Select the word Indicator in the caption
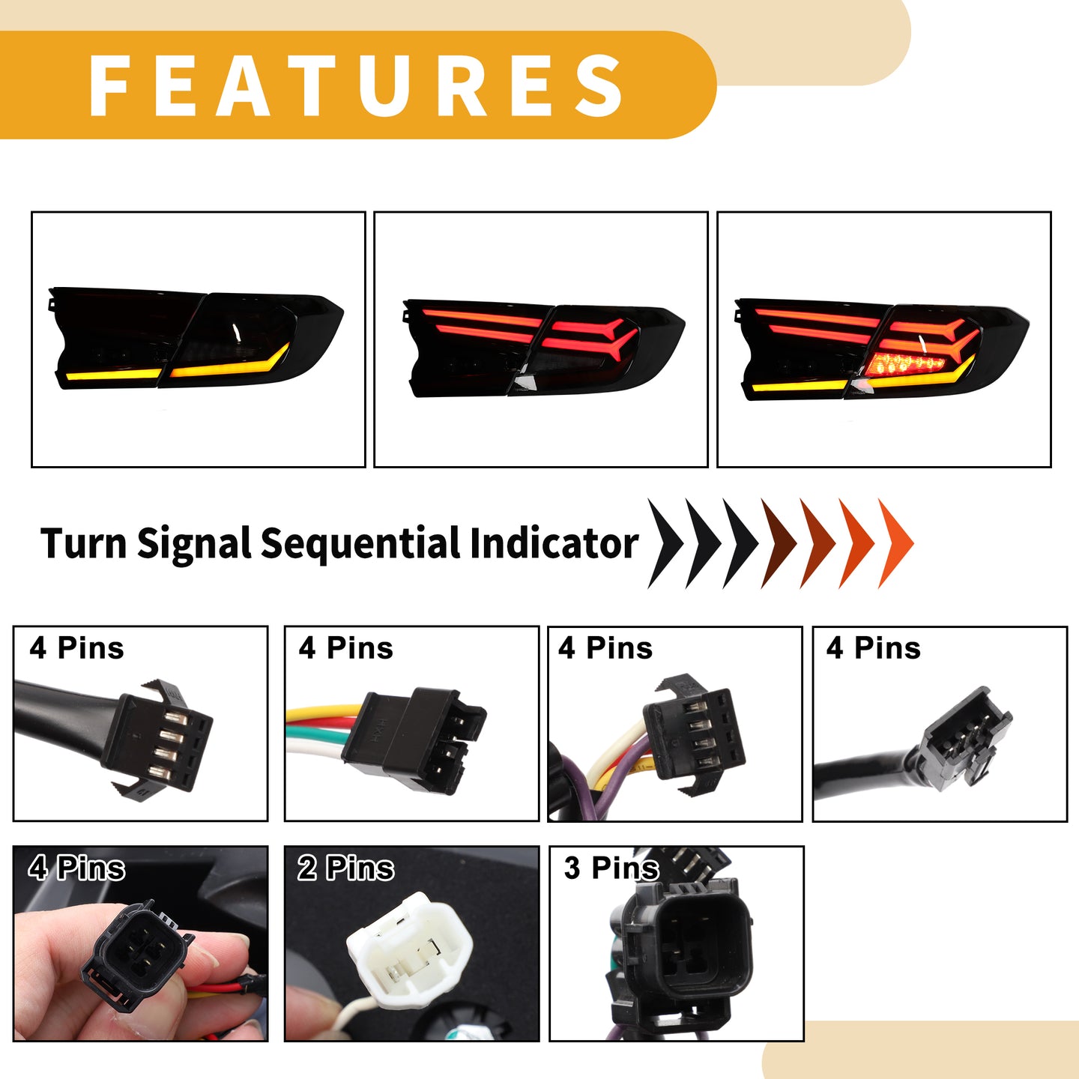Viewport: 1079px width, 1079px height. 554,542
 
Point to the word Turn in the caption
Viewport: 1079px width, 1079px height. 84,542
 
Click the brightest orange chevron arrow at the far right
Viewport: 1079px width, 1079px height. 896,543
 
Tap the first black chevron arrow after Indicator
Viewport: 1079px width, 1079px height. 665,543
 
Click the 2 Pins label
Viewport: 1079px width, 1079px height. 345,868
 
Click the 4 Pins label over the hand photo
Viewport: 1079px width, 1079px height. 76,868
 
